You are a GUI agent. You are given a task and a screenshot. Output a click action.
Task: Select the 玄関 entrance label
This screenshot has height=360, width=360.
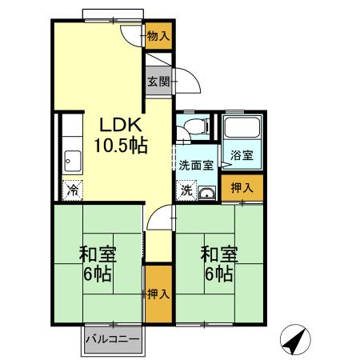[158, 82]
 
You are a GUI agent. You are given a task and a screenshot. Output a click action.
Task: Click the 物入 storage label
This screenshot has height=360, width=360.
[158, 36]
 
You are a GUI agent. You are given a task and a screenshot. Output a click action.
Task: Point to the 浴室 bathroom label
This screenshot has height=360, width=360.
[242, 155]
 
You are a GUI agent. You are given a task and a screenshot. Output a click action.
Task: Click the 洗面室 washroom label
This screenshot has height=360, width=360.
[195, 166]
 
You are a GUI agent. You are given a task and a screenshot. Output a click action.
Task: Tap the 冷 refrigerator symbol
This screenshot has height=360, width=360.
[73, 190]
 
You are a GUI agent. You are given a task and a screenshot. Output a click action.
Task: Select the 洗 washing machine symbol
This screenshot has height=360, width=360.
[185, 191]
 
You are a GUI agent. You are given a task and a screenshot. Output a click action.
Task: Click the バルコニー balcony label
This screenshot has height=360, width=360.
[113, 339]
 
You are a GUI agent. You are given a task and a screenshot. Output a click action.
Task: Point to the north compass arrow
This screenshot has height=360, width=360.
[294, 342]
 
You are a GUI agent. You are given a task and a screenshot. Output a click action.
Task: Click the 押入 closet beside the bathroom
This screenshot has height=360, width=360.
[241, 188]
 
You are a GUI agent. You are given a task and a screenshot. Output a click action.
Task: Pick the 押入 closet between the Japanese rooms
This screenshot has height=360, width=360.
[158, 294]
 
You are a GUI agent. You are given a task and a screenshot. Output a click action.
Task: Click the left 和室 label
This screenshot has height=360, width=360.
[98, 255]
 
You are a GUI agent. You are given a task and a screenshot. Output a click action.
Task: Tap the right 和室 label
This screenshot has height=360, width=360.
[218, 255]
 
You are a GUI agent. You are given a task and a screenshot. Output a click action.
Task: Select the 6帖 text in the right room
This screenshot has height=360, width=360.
[218, 274]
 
